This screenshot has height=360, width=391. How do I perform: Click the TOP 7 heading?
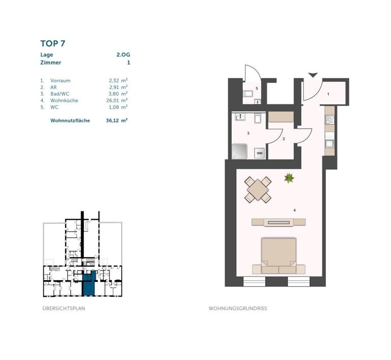(x=52, y=44)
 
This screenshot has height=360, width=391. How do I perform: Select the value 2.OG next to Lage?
(x=123, y=55)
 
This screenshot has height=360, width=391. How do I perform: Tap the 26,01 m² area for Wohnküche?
(x=117, y=100)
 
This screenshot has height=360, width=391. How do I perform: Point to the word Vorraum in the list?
(x=61, y=81)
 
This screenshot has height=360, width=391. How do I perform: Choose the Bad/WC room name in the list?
(x=60, y=94)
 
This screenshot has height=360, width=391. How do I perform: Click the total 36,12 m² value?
(x=117, y=121)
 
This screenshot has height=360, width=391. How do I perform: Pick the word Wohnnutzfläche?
(x=70, y=121)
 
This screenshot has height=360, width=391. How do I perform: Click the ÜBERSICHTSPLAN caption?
(x=64, y=308)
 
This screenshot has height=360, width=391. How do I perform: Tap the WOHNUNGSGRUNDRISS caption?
(x=238, y=308)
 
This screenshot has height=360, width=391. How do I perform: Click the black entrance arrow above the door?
(x=313, y=75)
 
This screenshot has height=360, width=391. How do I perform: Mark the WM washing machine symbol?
(x=259, y=153)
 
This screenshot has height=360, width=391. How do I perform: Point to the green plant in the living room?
(x=289, y=178)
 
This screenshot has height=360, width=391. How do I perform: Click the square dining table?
(x=258, y=190)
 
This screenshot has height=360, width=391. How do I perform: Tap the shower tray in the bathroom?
(x=240, y=152)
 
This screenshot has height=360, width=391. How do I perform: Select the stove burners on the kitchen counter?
(x=330, y=120)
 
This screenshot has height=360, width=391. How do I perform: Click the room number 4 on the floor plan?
(x=294, y=211)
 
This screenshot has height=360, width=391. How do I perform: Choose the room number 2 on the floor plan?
(x=284, y=139)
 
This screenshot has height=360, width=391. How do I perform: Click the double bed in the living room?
(x=278, y=256)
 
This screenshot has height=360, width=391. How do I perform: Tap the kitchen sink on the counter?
(x=330, y=144)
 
